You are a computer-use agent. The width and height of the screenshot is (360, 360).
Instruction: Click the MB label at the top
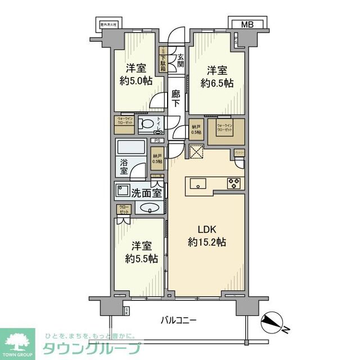point(247,24)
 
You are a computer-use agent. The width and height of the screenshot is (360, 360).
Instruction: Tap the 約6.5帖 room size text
point(217,83)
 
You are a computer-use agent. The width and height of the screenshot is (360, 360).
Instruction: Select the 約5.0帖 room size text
point(136,80)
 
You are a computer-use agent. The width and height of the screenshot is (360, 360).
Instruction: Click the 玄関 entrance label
point(181,60)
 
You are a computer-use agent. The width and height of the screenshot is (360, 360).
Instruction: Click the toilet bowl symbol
point(147,124)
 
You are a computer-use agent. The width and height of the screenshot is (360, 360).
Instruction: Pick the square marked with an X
point(197,152)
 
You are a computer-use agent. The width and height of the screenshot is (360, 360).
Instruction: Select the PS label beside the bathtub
point(159,141)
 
